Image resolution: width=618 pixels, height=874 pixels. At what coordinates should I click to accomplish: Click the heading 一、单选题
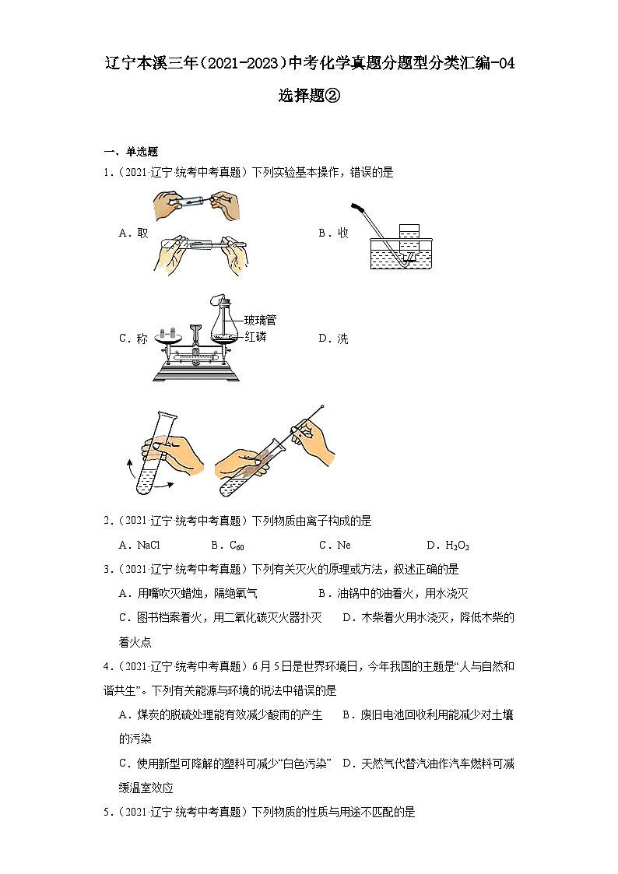coord(131,152)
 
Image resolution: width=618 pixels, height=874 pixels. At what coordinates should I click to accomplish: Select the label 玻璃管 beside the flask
coord(260,320)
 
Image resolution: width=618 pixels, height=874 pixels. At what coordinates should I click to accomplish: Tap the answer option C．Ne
coord(335,546)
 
